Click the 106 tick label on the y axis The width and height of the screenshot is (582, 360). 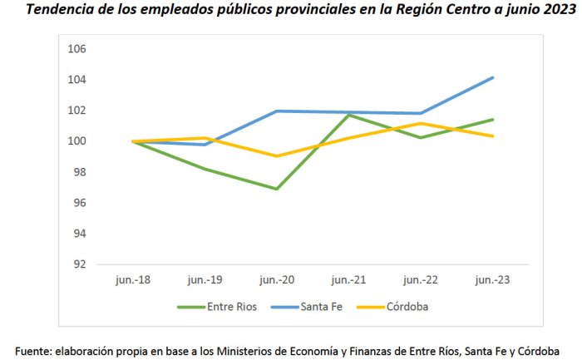76,48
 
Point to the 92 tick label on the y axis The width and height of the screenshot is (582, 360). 80,264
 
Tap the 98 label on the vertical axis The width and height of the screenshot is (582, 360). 80,172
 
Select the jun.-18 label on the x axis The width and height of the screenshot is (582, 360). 133,280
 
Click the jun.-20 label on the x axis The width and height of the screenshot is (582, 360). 277,280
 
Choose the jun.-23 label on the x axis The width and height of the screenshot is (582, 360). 492,280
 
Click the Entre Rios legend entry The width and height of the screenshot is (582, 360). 217,307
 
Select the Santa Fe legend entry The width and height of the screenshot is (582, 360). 307,307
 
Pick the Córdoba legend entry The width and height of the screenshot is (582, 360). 392,307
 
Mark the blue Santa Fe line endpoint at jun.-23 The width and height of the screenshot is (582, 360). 492,77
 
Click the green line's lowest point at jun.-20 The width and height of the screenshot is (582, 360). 277,189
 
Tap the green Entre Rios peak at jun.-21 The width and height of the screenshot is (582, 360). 349,115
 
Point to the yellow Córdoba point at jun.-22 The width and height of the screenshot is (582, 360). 421,123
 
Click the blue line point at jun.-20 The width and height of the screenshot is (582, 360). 277,111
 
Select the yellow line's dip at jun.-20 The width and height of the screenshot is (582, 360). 277,155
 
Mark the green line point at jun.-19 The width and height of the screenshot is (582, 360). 205,170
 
